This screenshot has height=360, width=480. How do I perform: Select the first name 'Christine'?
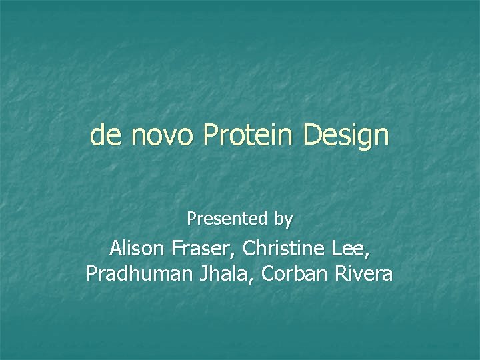click(283, 249)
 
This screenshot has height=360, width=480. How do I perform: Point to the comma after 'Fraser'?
click(235, 256)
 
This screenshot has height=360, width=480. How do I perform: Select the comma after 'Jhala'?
click(255, 280)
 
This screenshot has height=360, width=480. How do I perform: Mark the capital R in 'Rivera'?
click(343, 273)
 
